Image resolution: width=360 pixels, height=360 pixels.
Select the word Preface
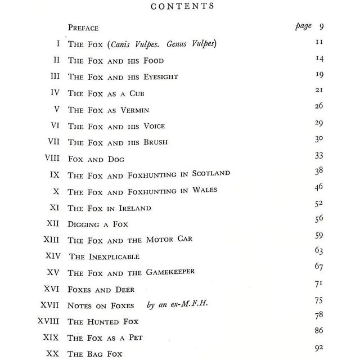click(x=83, y=28)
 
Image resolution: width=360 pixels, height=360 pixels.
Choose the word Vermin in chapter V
click(x=133, y=109)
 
